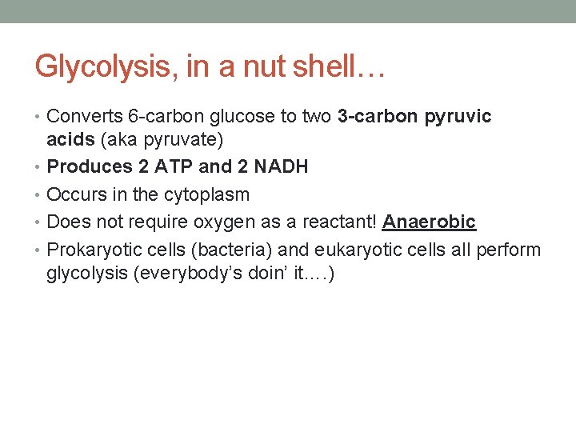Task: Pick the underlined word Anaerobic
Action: click(429, 222)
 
